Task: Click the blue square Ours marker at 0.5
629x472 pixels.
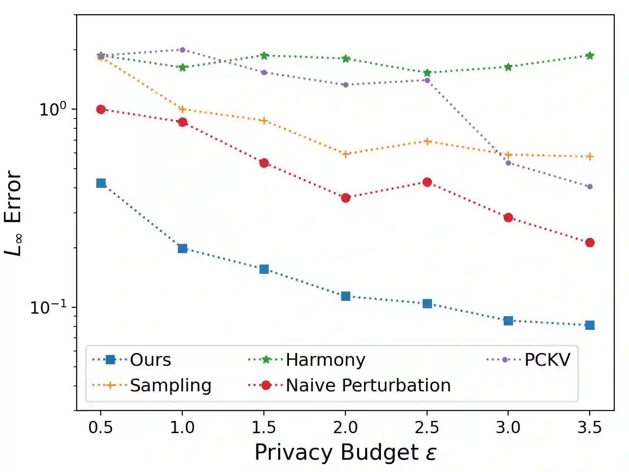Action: [x=101, y=183]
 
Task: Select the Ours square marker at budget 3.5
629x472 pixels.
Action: [x=590, y=325]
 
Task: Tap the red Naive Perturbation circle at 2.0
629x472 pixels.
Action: [x=345, y=198]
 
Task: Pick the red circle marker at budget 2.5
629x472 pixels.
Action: [x=427, y=182]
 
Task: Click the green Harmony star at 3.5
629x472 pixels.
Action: [x=590, y=56]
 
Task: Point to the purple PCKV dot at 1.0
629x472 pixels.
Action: [x=182, y=50]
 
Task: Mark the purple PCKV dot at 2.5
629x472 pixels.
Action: [x=427, y=80]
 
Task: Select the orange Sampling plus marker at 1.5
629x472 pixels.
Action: [x=264, y=121]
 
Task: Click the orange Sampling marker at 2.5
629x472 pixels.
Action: [x=427, y=142]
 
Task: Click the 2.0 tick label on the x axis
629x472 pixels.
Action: [x=345, y=428]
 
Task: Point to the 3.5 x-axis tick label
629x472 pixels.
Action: [x=590, y=428]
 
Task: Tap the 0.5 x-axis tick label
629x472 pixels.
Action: [x=101, y=428]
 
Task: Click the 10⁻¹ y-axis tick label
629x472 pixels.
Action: [x=48, y=307]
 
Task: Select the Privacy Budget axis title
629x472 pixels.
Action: [x=345, y=452]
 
